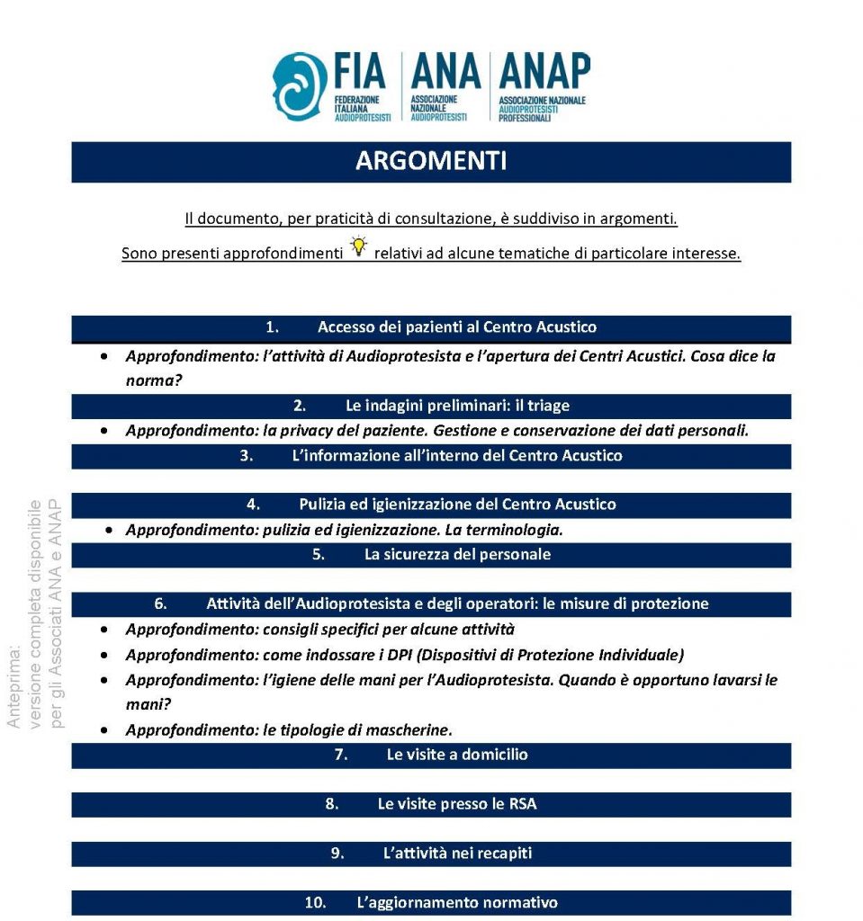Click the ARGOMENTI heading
point(430,161)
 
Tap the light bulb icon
point(359,246)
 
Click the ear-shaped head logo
point(301,86)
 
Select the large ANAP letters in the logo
point(544,72)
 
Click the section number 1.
point(272,327)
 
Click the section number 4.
point(253,505)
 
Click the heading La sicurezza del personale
point(457,554)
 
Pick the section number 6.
point(160,604)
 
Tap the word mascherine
point(409,729)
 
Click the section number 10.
point(315,902)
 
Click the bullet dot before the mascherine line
point(106,729)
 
